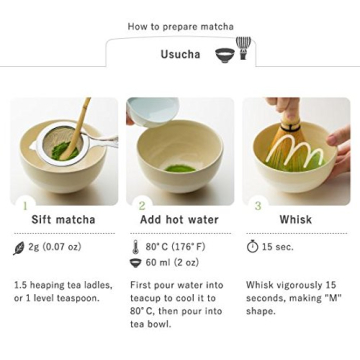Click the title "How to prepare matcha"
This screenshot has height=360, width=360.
click(180, 27)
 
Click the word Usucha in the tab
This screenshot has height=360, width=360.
click(180, 54)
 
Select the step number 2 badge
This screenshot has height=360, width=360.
click(141, 205)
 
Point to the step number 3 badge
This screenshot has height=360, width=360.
click(257, 205)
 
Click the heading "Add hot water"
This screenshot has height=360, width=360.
click(179, 220)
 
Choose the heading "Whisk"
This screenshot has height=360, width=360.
click(295, 220)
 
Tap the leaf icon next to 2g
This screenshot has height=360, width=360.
click(19, 247)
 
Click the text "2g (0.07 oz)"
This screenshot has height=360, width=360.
click(55, 247)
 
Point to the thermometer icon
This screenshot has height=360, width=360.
click(136, 247)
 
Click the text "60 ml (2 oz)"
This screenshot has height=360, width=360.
click(172, 263)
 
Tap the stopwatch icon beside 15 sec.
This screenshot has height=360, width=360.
click(252, 247)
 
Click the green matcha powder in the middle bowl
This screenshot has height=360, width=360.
click(180, 168)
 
